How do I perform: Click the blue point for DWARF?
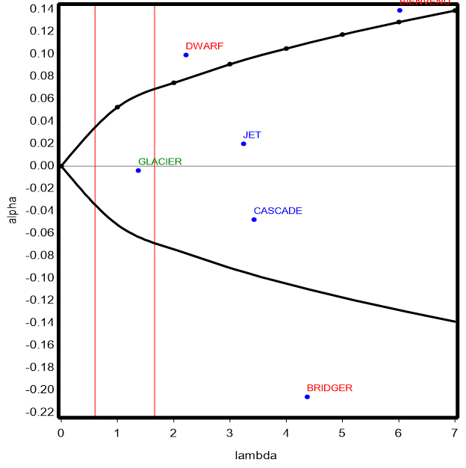[x=186, y=55]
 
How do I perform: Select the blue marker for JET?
[x=243, y=144]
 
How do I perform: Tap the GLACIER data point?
[x=138, y=170]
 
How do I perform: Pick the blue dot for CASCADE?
[x=254, y=219]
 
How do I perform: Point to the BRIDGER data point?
[x=307, y=396]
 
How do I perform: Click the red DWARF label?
[x=204, y=46]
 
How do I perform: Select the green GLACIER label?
[x=160, y=161]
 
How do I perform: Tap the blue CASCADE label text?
[x=278, y=211]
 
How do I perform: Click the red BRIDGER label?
[x=329, y=388]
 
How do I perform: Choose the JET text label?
[x=252, y=135]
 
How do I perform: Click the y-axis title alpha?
[x=10, y=210]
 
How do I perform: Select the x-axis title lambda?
[x=257, y=455]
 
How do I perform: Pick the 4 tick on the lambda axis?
[x=286, y=432]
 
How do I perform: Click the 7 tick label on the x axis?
[x=455, y=432]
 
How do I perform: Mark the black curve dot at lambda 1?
[x=117, y=107]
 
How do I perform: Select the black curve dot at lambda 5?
[x=342, y=34]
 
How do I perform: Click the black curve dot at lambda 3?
[x=229, y=64]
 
